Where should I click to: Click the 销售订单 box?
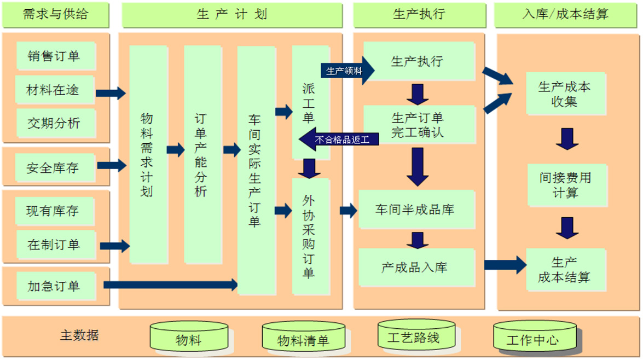(54, 56)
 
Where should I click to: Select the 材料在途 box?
(54, 90)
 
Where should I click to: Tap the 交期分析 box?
(54, 123)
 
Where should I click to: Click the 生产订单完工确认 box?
(418, 125)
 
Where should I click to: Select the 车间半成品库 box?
(415, 209)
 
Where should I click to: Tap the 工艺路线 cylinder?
(414, 336)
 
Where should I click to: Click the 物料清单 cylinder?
(303, 339)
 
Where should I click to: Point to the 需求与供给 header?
(55, 15)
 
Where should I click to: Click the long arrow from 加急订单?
(170, 284)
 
